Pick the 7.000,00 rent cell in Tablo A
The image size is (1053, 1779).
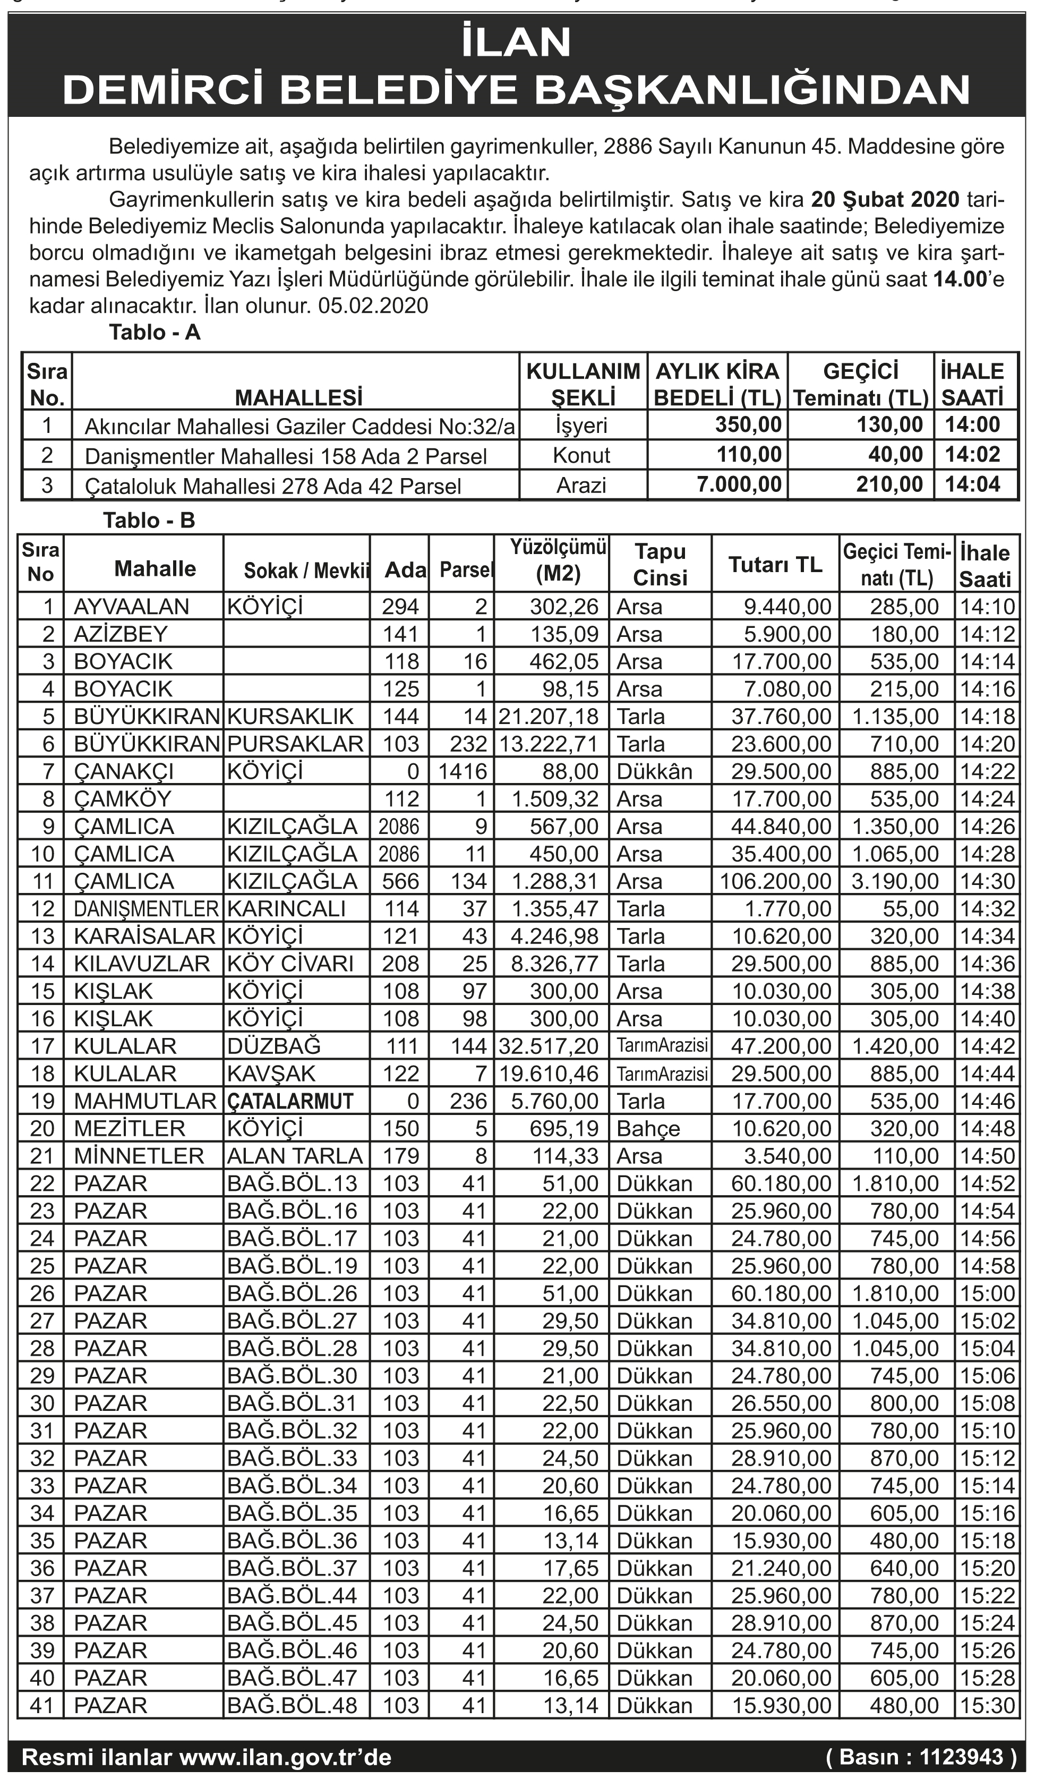point(739,484)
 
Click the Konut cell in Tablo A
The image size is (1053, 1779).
point(582,455)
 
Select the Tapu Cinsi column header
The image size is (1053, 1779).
point(660,564)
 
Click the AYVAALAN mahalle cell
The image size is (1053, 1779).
point(131,607)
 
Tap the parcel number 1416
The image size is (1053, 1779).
point(463,771)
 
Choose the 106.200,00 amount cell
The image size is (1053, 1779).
point(776,881)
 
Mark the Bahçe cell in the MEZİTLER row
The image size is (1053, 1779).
point(648,1128)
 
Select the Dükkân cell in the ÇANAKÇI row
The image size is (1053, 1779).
point(654,771)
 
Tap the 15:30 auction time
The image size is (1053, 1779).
point(987,1705)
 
